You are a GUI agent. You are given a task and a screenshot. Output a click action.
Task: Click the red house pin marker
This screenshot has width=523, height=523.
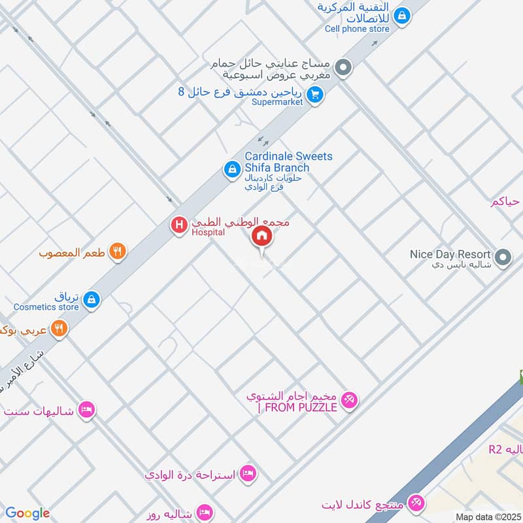262,237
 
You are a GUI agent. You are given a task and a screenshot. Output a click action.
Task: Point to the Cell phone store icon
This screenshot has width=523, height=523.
403,14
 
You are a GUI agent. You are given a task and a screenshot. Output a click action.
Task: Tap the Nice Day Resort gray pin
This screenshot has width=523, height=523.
503,258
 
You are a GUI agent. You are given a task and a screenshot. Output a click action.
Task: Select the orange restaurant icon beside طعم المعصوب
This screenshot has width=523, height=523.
118,251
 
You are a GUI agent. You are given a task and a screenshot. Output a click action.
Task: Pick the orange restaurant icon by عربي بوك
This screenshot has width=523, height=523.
59,329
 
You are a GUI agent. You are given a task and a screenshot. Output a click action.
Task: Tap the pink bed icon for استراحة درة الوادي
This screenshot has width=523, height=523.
247,473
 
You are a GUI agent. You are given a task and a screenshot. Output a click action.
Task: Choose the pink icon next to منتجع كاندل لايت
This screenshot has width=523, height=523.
414,504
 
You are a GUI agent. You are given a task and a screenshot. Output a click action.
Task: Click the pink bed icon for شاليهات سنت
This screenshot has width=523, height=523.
85,411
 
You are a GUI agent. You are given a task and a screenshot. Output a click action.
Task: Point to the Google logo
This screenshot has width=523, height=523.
27,513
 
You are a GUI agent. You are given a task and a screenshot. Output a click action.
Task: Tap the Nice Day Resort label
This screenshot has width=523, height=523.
450,254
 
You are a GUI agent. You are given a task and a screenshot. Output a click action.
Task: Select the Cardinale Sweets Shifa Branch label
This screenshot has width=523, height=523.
288,162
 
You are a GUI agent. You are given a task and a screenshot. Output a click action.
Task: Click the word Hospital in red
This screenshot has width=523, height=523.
208,232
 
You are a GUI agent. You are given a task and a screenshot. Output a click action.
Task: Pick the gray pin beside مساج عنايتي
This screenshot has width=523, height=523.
343,68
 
